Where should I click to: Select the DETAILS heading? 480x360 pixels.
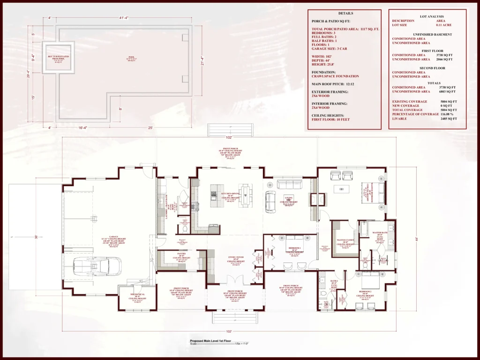[345, 14]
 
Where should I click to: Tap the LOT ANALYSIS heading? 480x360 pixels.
[427, 16]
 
